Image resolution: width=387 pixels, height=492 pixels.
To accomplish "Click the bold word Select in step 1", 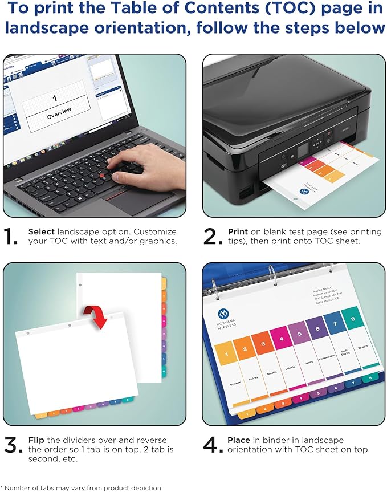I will tap(42, 232).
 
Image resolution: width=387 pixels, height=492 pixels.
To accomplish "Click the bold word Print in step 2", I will tap(238, 232).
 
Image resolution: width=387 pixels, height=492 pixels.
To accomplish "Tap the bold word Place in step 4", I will tap(239, 440).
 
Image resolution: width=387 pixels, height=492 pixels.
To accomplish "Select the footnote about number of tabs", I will tap(81, 487).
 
